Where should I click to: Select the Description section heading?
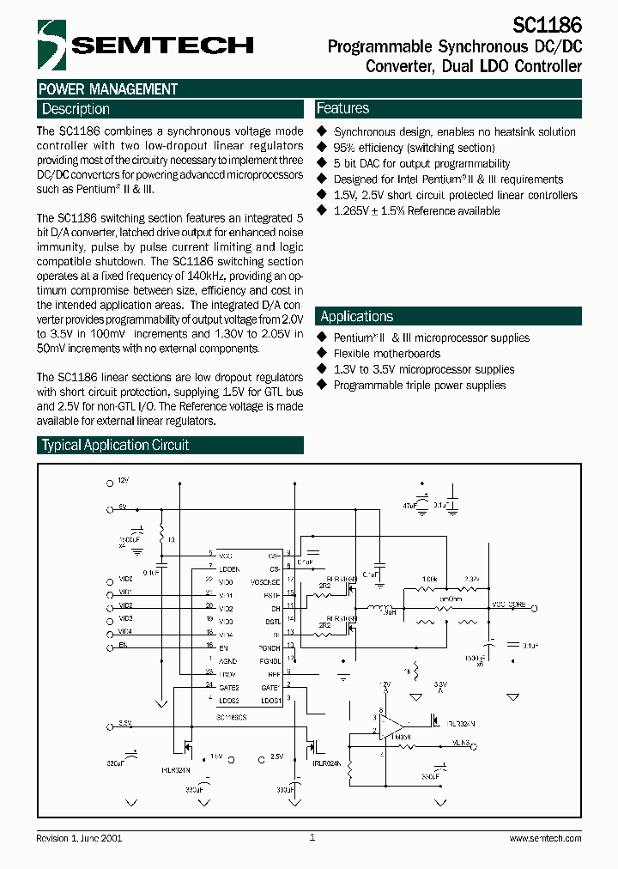click(76, 109)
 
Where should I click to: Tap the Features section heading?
click(342, 108)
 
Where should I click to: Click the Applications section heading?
click(356, 316)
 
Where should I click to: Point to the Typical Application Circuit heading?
click(115, 445)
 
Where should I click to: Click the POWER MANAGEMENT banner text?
click(108, 88)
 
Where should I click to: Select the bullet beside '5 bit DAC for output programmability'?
click(323, 163)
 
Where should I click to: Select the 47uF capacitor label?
click(408, 507)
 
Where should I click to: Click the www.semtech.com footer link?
click(545, 838)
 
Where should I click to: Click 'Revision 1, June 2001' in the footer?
click(79, 838)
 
